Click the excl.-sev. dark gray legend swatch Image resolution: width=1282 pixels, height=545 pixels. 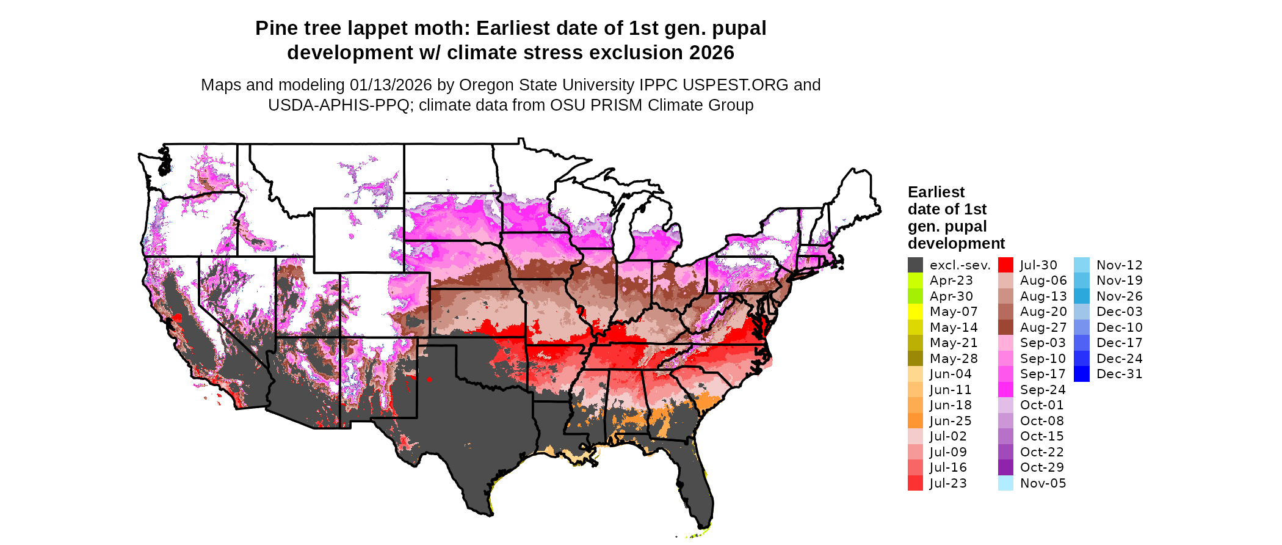(x=915, y=265)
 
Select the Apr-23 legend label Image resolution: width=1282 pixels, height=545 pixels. (x=951, y=280)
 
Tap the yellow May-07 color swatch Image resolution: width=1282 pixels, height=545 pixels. (x=915, y=312)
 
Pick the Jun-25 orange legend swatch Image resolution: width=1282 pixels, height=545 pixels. (x=915, y=421)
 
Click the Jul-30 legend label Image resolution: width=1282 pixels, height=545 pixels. (x=1038, y=265)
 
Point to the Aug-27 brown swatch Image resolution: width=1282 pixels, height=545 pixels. (x=1005, y=327)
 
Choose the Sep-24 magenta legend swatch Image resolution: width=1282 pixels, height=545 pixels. (x=1005, y=390)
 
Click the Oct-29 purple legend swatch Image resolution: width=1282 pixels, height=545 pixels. (x=1005, y=467)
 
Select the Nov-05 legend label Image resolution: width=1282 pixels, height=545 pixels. (x=1043, y=483)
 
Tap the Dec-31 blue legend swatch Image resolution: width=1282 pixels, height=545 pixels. (x=1081, y=374)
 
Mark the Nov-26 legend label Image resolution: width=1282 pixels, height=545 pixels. (x=1119, y=296)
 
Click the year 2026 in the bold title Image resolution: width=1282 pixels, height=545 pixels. (x=711, y=53)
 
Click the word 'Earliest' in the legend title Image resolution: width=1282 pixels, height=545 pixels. (x=936, y=192)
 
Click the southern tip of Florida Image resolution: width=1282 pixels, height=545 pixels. (x=705, y=527)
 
